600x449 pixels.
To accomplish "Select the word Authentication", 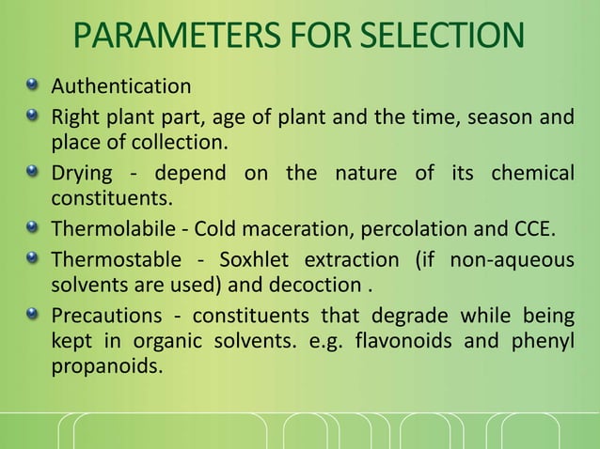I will [x=120, y=86].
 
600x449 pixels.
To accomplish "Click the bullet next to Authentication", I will [x=34, y=86].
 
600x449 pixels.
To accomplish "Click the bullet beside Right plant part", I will [x=34, y=117].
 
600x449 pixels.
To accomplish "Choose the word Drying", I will [x=81, y=174].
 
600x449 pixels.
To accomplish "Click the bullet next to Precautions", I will [x=34, y=316].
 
